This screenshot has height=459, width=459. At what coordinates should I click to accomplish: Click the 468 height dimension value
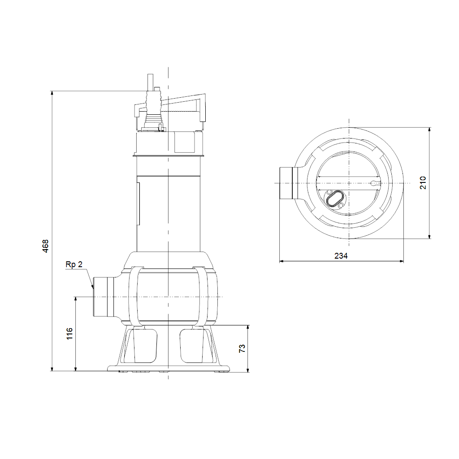pos(45,246)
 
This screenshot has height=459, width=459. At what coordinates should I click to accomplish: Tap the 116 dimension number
pos(69,333)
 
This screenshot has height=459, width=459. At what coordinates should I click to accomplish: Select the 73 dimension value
pos(242,348)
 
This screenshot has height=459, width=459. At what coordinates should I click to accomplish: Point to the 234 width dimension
pos(341,256)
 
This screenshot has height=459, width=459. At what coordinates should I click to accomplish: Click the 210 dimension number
pos(423,183)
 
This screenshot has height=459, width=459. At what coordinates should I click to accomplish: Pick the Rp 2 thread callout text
pos(74,264)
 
